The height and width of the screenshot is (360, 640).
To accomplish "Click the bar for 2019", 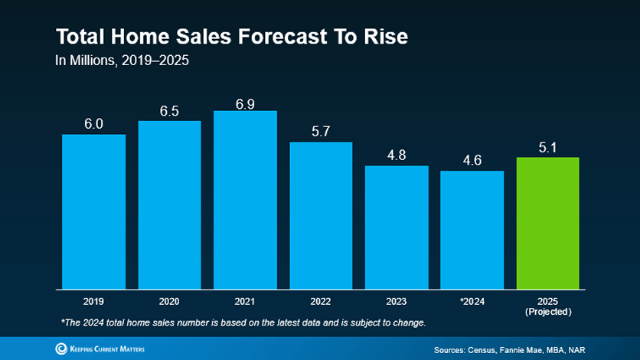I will [93, 211].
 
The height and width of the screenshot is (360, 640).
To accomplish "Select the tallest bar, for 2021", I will [245, 200].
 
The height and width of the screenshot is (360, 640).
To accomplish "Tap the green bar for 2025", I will [547, 223].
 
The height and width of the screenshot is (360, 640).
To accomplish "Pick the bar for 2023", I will [397, 227].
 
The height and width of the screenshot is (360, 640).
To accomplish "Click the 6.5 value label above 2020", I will [169, 111].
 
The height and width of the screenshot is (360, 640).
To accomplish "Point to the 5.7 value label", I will [321, 132].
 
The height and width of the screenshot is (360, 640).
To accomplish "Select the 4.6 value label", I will [472, 161].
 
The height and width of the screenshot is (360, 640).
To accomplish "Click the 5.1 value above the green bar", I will [547, 147].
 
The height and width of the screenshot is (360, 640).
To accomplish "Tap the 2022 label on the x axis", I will [321, 302].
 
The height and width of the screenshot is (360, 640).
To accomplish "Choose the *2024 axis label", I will [472, 302].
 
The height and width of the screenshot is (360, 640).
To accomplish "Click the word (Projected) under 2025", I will [547, 312].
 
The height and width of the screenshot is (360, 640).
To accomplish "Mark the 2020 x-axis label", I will [169, 302].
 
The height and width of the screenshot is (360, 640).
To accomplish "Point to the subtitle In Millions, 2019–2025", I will [122, 61].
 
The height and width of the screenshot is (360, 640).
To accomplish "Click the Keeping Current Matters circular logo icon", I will [61, 349].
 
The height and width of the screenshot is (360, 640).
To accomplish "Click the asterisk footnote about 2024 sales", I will [242, 322].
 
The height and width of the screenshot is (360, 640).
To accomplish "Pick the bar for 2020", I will [169, 205].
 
